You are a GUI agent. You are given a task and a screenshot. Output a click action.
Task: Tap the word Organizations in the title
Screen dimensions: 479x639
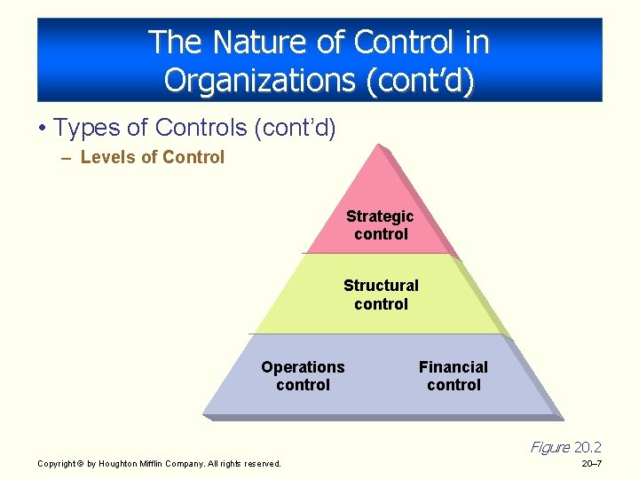point(257,80)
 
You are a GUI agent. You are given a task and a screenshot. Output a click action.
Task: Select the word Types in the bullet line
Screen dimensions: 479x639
point(86,128)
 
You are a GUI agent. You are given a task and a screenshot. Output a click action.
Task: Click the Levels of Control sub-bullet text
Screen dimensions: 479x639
point(152,157)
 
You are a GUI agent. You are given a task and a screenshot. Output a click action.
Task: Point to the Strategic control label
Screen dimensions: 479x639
point(380,225)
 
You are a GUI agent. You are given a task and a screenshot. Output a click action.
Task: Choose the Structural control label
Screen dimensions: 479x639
point(381,294)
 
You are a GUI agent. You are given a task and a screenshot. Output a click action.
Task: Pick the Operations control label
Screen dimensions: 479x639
point(303,376)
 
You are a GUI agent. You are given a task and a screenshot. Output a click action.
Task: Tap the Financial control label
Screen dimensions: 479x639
point(453,376)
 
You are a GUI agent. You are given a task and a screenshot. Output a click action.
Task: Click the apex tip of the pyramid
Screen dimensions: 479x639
point(379,145)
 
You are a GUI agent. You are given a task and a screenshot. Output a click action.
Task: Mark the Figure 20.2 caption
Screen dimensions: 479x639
point(565,447)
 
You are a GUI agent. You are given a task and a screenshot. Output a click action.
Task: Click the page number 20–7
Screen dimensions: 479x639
point(591,463)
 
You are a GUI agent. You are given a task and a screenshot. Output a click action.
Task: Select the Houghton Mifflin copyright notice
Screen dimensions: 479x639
point(159,463)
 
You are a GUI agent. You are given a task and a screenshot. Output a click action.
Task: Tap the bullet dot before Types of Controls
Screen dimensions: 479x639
point(43,129)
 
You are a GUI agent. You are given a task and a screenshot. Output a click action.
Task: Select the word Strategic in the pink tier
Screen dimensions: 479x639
point(380,216)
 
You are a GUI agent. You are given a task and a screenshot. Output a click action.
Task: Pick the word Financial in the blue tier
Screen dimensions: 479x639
point(453,367)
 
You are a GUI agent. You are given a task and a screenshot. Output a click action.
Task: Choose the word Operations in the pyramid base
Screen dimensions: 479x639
point(303,367)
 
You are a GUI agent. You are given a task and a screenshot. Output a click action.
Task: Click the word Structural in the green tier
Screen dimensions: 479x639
point(381,286)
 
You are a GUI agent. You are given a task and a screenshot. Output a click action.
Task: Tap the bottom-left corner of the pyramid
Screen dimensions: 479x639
point(204,412)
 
